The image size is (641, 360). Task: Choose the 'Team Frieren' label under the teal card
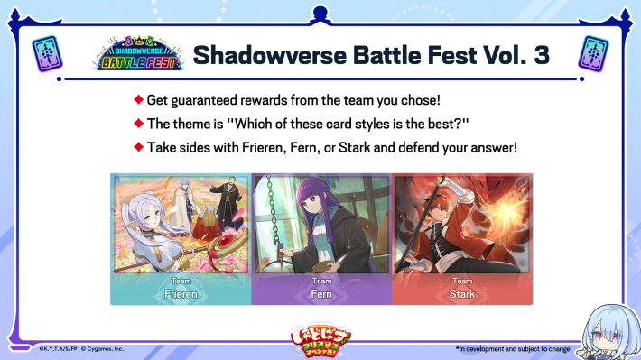181,288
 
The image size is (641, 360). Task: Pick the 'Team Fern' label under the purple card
320,288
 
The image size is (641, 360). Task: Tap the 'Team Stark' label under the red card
461,288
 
